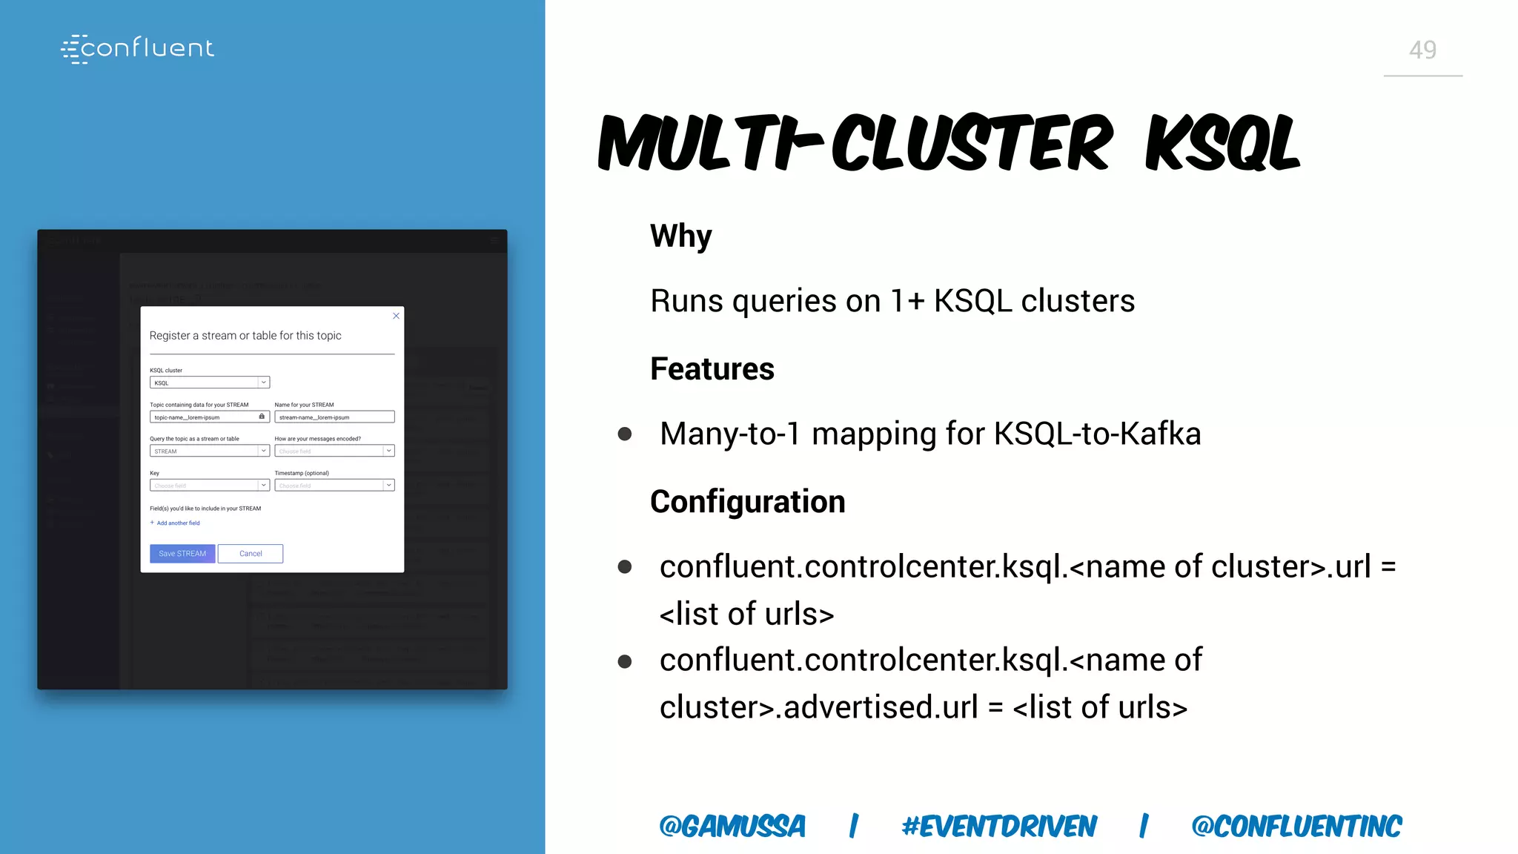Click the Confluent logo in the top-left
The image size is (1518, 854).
pyautogui.click(x=138, y=49)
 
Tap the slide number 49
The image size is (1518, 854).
pyautogui.click(x=1422, y=50)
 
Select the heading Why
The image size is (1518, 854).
pyautogui.click(x=680, y=236)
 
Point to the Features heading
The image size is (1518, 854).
pyautogui.click(x=712, y=369)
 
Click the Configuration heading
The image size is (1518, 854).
pyautogui.click(x=747, y=502)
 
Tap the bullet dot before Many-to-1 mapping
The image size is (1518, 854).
pyautogui.click(x=625, y=434)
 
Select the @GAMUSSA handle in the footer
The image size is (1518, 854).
pyautogui.click(x=732, y=826)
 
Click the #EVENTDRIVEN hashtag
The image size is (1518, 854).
pyautogui.click(x=998, y=826)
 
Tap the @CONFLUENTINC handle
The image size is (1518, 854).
pyautogui.click(x=1296, y=826)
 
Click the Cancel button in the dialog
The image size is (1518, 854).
pyautogui.click(x=251, y=554)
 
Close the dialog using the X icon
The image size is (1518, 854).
pyautogui.click(x=396, y=316)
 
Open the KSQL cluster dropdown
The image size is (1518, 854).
pyautogui.click(x=210, y=383)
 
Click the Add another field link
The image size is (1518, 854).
pyautogui.click(x=178, y=523)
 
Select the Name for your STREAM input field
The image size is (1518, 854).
pyautogui.click(x=334, y=417)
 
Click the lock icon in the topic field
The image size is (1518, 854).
pyautogui.click(x=262, y=417)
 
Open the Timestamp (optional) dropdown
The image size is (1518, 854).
pyautogui.click(x=334, y=486)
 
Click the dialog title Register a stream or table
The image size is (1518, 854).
pyautogui.click(x=245, y=336)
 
